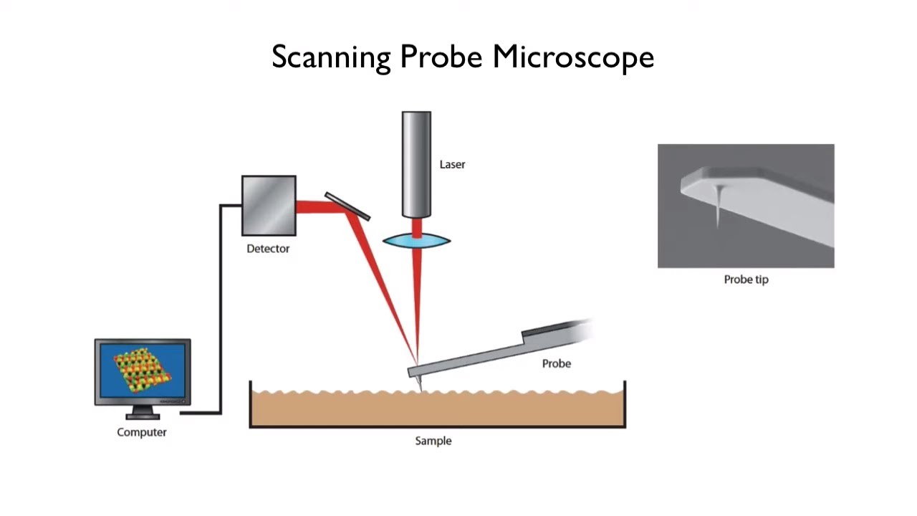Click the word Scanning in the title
click(331, 57)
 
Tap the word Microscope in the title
click(573, 57)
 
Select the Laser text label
click(452, 164)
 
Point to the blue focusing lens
click(416, 241)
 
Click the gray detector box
click(269, 206)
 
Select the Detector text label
click(268, 249)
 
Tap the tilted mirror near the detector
click(347, 206)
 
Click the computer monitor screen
click(143, 371)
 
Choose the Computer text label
click(142, 432)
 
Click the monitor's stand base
click(143, 416)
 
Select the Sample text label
click(433, 441)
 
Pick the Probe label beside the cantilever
click(556, 363)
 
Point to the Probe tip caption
click(746, 279)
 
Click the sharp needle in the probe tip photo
click(718, 208)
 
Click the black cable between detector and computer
click(221, 308)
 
